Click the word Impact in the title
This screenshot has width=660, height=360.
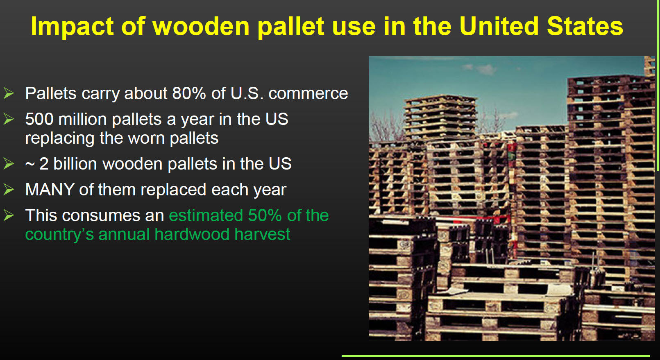point(72,27)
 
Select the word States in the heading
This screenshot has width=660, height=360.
point(585,27)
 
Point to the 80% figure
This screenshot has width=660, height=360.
point(189,93)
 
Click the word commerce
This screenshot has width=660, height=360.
point(308,93)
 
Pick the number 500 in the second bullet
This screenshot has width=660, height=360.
point(39,119)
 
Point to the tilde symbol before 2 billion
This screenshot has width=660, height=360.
point(30,164)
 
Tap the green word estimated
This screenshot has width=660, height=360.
point(206,215)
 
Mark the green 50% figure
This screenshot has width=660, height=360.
point(265,215)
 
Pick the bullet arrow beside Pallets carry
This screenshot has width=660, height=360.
point(9,93)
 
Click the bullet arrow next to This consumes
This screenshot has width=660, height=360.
point(9,215)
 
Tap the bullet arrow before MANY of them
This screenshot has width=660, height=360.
point(9,190)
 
